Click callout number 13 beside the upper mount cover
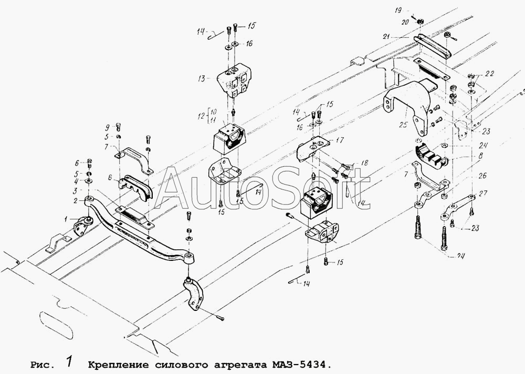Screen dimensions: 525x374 [202, 79]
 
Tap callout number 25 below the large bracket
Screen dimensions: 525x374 [403, 125]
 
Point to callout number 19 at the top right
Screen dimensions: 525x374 [398, 11]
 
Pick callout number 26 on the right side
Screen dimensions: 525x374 [483, 176]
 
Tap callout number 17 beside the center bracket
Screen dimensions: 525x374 [340, 140]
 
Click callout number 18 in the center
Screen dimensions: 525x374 [364, 163]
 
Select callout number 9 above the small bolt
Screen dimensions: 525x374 [107, 127]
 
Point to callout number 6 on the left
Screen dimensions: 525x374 [77, 163]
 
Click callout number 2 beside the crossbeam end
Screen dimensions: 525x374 [76, 200]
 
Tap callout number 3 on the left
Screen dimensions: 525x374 [76, 190]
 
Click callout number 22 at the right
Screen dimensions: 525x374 [480, 74]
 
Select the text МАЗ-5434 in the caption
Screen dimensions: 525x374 [297, 365]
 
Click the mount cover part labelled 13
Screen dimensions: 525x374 [235, 80]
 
